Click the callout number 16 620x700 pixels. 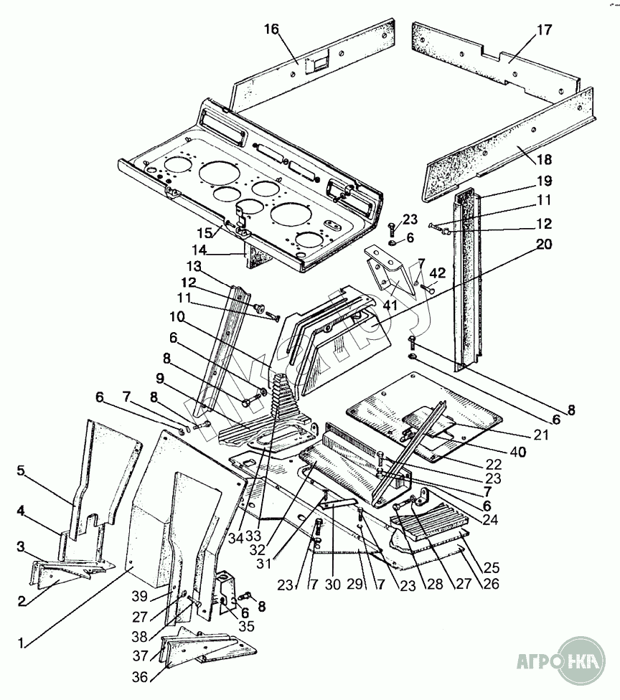pos(271,29)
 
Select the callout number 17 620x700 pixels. pos(544,30)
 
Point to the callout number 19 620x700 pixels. pos(544,181)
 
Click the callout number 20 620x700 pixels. pos(544,244)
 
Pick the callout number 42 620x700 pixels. pos(438,273)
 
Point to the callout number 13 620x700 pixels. pos(194,267)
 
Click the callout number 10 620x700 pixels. pos(177,317)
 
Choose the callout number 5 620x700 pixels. pos(21,471)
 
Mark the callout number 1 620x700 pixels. pos(21,643)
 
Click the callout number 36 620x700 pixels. pos(140,677)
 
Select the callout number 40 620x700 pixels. pos(517,452)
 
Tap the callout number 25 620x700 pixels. pos(492,568)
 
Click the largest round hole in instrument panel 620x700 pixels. pos(220,176)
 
